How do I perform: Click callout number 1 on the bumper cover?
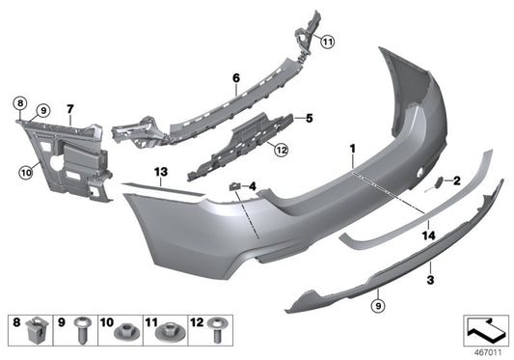tap(353, 151)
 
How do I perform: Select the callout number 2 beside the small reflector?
tap(457, 180)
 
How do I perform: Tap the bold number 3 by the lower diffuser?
tap(430, 280)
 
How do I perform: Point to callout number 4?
tap(253, 185)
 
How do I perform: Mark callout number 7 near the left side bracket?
tap(70, 108)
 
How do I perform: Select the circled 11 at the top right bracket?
tap(327, 42)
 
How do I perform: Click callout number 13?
tap(160, 170)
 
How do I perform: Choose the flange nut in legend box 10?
tap(124, 332)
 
